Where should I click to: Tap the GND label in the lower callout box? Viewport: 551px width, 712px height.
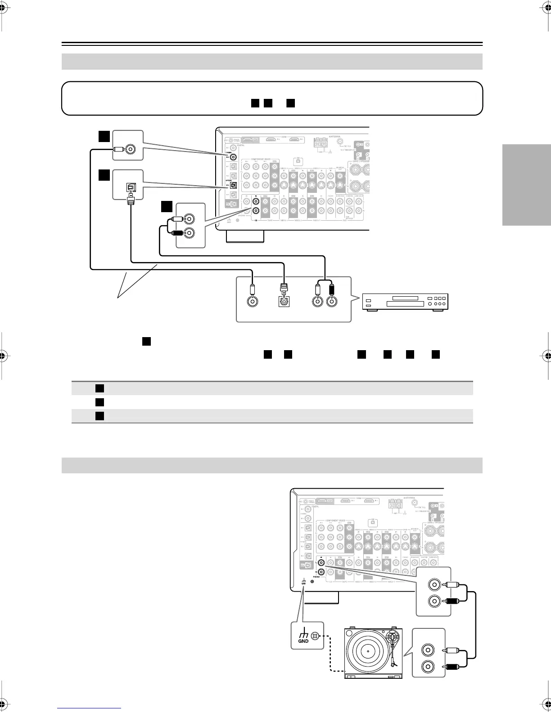(303, 641)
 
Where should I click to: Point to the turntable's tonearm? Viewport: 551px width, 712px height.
(395, 647)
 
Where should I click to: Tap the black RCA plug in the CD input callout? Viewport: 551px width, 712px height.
(175, 233)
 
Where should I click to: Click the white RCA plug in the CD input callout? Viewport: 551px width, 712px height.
(176, 219)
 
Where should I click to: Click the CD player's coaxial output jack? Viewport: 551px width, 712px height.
(253, 302)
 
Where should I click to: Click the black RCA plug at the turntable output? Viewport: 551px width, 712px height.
(451, 667)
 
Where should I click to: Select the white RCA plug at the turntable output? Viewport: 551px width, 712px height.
(451, 650)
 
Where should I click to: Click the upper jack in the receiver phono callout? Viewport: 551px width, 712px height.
(435, 585)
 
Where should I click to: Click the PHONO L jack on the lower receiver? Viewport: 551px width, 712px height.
(321, 562)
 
